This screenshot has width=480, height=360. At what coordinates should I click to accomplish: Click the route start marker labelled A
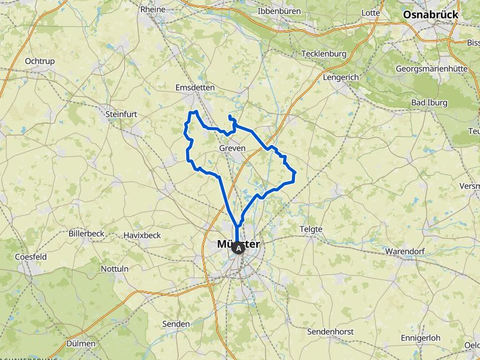click(x=238, y=248)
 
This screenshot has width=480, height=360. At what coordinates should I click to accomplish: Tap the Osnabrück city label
click(x=431, y=14)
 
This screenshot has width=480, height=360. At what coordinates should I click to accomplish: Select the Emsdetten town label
click(x=194, y=88)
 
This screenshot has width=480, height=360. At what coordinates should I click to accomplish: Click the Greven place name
click(x=232, y=148)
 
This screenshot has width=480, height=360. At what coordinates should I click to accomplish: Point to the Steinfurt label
click(x=121, y=114)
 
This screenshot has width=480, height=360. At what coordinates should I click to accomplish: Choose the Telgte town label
click(x=311, y=229)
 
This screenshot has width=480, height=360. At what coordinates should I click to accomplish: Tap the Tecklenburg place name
click(x=324, y=54)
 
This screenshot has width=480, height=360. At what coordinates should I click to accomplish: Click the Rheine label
click(x=152, y=9)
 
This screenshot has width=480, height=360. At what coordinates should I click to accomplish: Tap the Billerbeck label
click(x=86, y=233)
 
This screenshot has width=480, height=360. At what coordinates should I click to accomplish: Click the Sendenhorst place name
click(x=331, y=331)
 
